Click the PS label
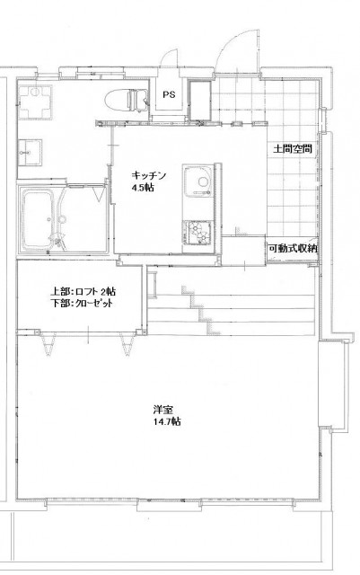pos(169,94)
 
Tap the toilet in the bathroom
pos(126,99)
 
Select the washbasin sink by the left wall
pos(30,152)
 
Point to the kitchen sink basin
pos(198,180)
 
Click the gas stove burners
pos(198,234)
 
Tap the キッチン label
pos(149,175)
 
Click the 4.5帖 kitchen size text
pos(143,188)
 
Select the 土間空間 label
pos(293,149)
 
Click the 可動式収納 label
pos(293,249)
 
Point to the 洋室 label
pos(163,410)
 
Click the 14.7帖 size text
pos(167,421)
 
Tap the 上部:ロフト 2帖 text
pos(83,292)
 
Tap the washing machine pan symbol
pos(35,102)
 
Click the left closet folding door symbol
pos(48,345)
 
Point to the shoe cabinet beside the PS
pos(200,101)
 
